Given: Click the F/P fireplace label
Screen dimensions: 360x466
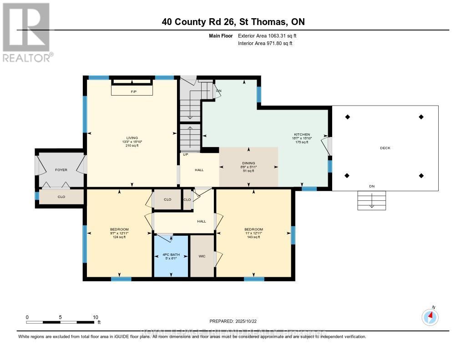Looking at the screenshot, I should point(133,91).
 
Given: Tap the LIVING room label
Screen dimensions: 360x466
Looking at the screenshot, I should point(132,138).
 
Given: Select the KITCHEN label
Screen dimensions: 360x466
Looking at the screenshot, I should point(302,134).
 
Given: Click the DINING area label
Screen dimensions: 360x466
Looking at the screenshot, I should point(248,163).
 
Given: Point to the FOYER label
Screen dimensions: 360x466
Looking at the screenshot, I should point(61,170).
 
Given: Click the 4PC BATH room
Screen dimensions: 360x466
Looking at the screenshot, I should point(171,255).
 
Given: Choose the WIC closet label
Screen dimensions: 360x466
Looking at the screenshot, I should point(202,256).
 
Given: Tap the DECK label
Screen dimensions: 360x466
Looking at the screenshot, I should point(385,148).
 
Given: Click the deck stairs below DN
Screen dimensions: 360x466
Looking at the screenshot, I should point(372,200).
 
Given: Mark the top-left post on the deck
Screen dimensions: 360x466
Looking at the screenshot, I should point(348,117).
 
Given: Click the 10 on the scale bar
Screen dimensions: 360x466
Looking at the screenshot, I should point(96,317).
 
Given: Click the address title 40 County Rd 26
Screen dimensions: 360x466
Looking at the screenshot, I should point(233,21).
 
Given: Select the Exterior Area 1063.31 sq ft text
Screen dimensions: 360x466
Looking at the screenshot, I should point(268,35).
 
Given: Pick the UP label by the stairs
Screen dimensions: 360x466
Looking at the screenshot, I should point(185,154).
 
